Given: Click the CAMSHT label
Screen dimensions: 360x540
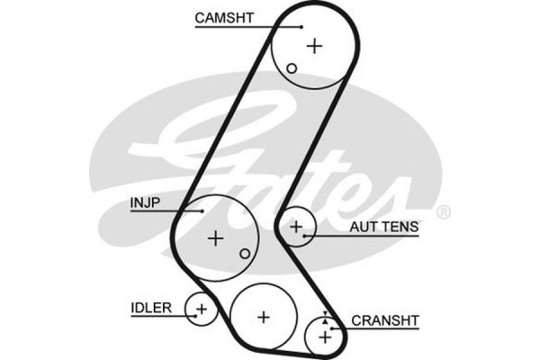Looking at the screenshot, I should pos(223,16).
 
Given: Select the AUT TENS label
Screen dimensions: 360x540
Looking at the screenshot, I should pos(384,228).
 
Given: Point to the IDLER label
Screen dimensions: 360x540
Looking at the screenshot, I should pos(150,308).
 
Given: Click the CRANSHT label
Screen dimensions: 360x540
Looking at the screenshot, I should pos(385,319).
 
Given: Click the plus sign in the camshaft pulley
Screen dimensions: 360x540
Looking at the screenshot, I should pos(314,45).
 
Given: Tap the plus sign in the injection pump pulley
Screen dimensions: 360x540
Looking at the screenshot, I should pos(215,238).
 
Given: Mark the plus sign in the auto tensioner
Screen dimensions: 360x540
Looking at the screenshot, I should pos(295,228).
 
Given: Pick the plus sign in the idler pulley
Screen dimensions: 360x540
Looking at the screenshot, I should pos(202,311).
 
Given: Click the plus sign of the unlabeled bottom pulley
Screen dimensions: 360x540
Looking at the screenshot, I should pos(263,317).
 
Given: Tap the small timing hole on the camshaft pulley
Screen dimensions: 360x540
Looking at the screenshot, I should pos(291,68).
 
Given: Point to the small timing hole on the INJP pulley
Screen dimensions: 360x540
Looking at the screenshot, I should pos(244,255).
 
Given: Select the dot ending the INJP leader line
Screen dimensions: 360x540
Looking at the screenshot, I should pos(203,211).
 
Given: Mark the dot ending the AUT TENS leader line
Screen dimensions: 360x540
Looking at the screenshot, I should pos(306,236).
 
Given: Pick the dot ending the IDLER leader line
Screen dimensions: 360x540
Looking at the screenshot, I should pos(191,314).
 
